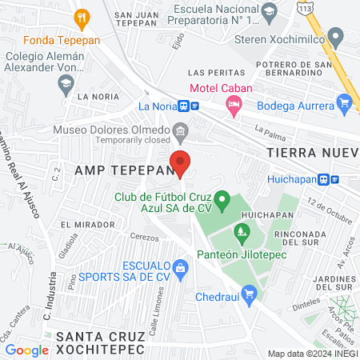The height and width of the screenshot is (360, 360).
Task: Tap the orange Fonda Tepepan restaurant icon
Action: [81, 18]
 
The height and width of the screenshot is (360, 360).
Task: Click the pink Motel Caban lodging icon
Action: [234, 104]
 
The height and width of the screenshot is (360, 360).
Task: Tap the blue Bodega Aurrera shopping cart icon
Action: [345, 103]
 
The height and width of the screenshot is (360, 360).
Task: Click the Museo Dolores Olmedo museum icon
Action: [181, 130]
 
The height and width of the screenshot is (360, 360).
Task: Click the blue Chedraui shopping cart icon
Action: [250, 294]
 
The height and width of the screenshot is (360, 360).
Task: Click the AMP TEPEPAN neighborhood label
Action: [123, 170]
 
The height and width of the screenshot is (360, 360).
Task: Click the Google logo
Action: [27, 350]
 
